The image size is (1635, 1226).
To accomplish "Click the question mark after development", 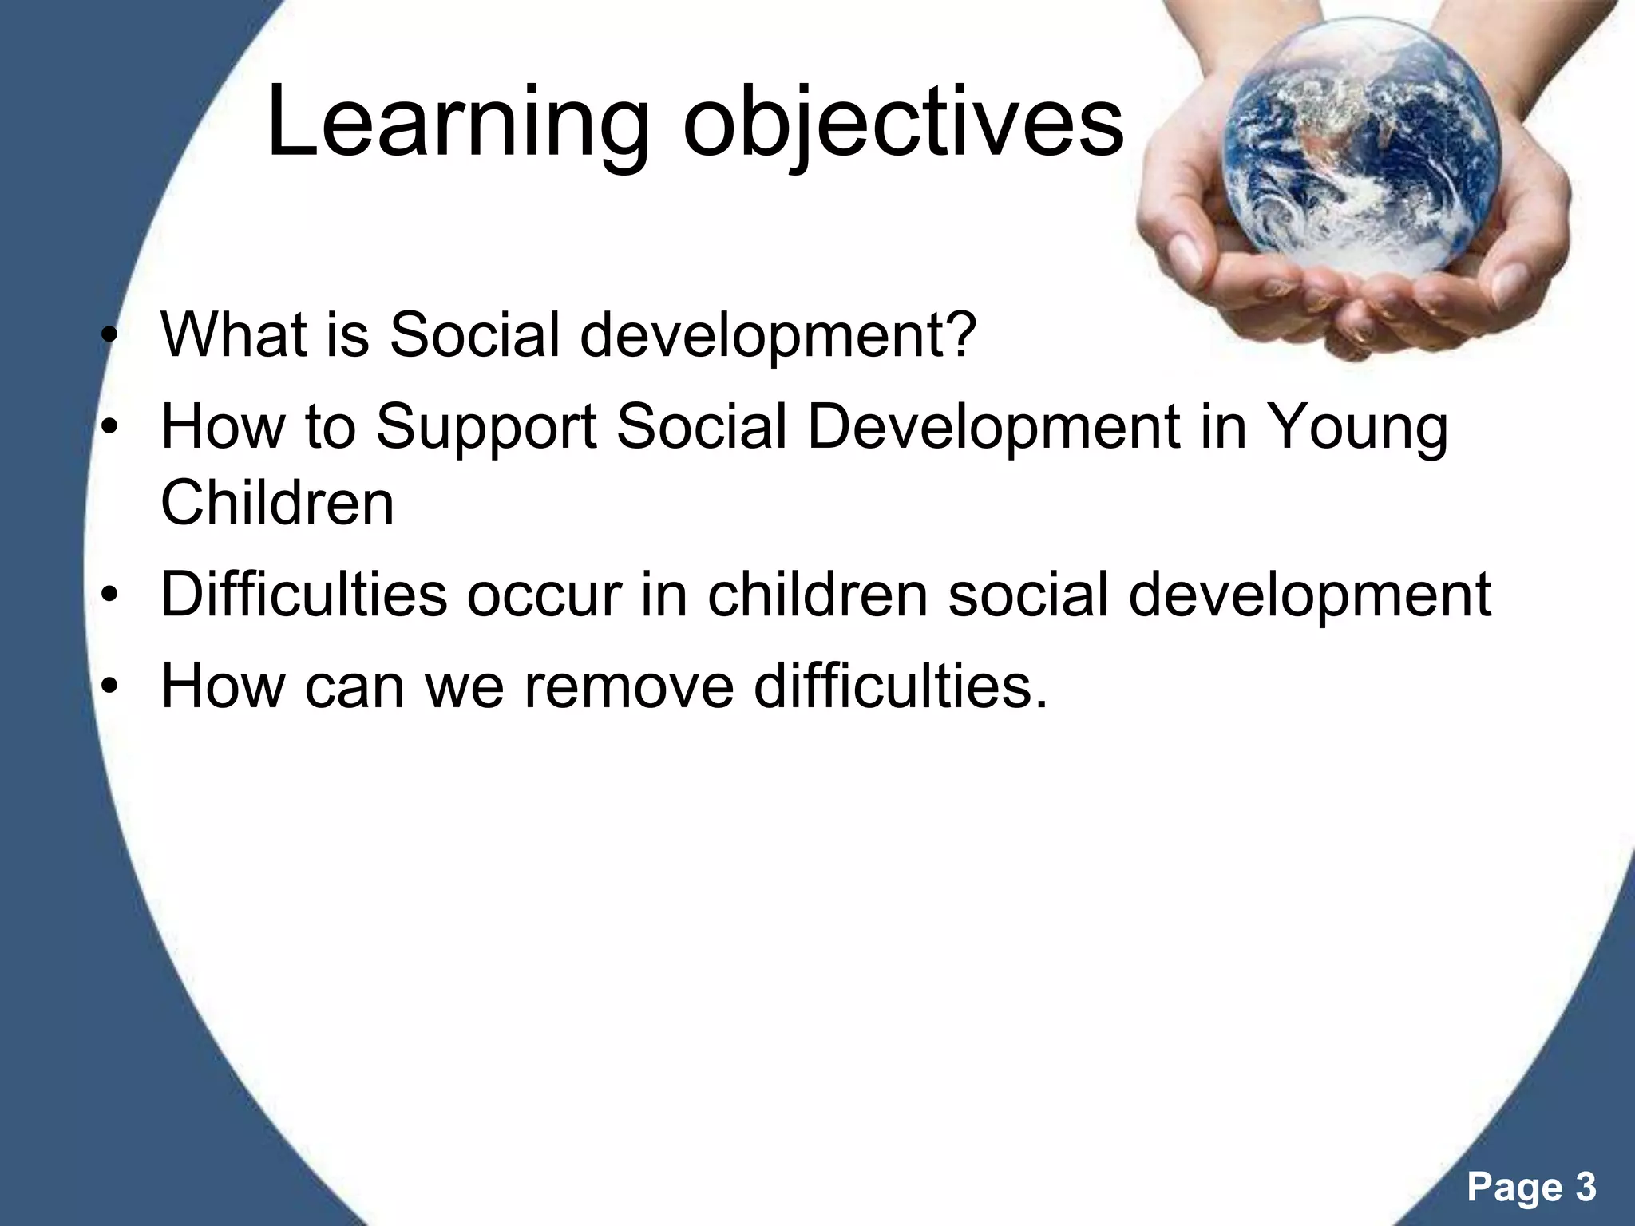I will pos(961,334).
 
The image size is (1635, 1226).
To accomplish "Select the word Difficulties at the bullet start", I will pos(303,595).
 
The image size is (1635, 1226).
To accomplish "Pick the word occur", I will pos(544,596).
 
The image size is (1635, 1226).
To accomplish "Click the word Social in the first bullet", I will pos(474,334).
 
